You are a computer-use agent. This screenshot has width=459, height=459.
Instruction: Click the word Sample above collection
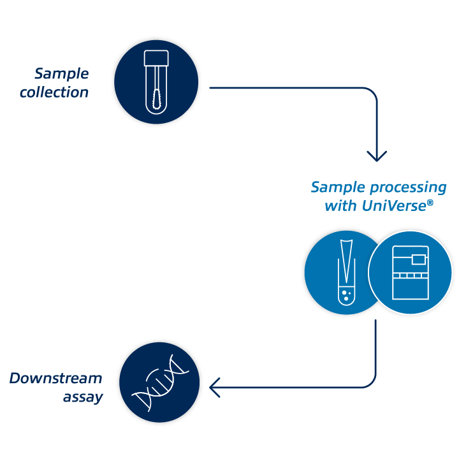62,74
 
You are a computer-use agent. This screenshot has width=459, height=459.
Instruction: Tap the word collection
54,92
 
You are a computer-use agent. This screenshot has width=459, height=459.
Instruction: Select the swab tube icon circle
156,81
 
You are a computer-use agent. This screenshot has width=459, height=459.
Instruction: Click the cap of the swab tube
156,59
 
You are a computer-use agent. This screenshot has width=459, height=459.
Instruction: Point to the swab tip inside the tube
156,102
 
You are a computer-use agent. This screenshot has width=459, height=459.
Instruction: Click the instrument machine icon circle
411,273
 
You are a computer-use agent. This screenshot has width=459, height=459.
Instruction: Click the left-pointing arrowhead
214,386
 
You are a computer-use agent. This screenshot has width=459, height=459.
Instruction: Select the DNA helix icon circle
159,383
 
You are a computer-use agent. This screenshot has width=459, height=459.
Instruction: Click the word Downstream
55,379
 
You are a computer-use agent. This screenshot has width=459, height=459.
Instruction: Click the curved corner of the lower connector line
369,380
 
